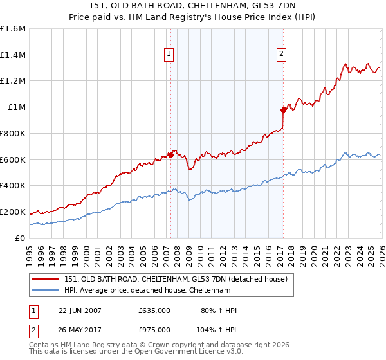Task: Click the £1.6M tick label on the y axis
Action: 13,29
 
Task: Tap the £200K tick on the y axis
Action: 13,212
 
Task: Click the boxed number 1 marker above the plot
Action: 169,55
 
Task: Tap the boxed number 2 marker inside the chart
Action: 282,55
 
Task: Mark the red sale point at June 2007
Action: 170,154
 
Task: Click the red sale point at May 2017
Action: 283,110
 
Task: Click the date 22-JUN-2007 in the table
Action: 80,310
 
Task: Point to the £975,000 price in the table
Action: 154,329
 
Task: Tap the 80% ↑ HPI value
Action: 219,310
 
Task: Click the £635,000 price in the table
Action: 154,310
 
